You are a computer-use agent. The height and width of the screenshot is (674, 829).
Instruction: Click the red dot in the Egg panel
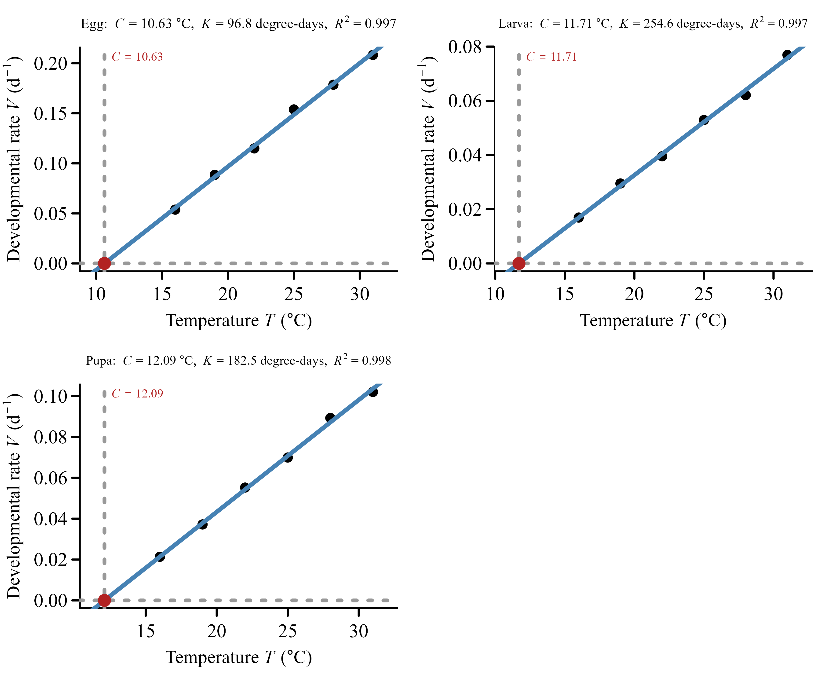(x=104, y=263)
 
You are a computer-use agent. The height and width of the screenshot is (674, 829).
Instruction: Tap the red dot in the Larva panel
(x=519, y=263)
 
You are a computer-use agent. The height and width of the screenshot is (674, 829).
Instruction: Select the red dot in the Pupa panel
(x=104, y=600)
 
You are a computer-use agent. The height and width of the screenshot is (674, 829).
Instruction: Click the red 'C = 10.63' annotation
(x=137, y=57)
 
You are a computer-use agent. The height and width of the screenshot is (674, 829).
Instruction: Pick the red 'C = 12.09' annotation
(x=137, y=394)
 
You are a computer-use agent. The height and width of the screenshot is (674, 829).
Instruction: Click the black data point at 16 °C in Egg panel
(x=175, y=210)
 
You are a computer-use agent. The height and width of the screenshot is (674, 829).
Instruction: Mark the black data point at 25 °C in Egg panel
(x=294, y=109)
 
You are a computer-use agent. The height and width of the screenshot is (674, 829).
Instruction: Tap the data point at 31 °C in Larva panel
(x=787, y=55)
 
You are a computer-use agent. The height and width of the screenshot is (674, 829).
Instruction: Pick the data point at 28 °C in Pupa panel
(x=330, y=418)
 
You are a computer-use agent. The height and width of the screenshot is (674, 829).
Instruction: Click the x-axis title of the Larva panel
(x=653, y=321)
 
